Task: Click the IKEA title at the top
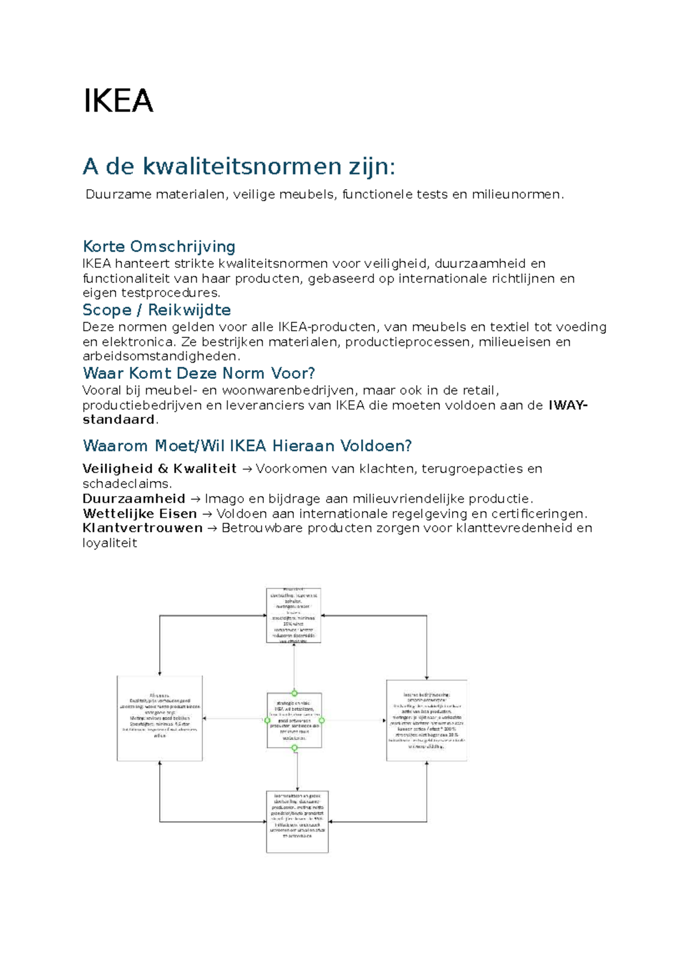[118, 101]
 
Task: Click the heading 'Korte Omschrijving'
[159, 247]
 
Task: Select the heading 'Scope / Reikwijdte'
[156, 310]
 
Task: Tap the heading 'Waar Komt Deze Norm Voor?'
[199, 373]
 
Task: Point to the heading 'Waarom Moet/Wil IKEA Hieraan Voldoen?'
[247, 446]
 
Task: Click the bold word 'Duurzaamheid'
[133, 498]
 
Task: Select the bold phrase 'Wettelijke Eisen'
[140, 513]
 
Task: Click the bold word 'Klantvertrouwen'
[142, 528]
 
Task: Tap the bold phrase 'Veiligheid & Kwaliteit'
[159, 469]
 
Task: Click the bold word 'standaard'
[118, 420]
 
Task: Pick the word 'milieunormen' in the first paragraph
[516, 194]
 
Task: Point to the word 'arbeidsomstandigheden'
[159, 356]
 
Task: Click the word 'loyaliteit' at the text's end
[109, 543]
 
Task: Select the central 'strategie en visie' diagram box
[294, 720]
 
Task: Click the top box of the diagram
[293, 615]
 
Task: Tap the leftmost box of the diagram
[160, 719]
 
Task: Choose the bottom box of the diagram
[297, 822]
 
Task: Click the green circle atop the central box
[294, 693]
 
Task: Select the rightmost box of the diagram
[426, 720]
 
